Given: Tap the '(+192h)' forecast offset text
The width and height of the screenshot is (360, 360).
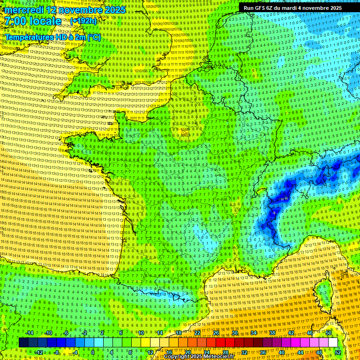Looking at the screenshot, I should click(x=83, y=21).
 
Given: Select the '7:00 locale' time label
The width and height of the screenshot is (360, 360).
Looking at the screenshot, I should click(x=32, y=21).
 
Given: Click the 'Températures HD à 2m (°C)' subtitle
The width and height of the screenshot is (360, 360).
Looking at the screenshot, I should click(x=52, y=37).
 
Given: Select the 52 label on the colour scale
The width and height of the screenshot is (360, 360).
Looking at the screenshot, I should click(x=337, y=352).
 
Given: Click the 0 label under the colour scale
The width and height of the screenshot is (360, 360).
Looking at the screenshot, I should click(x=93, y=352).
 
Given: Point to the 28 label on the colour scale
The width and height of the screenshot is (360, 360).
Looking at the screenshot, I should click(x=225, y=352).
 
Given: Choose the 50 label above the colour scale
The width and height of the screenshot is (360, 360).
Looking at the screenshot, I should click(x=328, y=333).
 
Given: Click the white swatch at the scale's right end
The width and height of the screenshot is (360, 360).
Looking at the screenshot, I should click(x=333, y=343).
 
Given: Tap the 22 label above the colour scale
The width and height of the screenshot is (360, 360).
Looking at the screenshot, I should click(x=197, y=333).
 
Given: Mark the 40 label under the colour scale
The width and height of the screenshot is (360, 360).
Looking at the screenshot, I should click(x=281, y=352).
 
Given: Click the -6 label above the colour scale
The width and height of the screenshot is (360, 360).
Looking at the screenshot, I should click(x=67, y=333).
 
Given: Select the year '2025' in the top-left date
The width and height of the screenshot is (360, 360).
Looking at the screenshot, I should click(x=115, y=9).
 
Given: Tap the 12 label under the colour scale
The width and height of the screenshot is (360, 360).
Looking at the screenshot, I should click(x=150, y=352).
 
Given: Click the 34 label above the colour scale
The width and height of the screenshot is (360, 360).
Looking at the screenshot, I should click(x=254, y=333).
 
